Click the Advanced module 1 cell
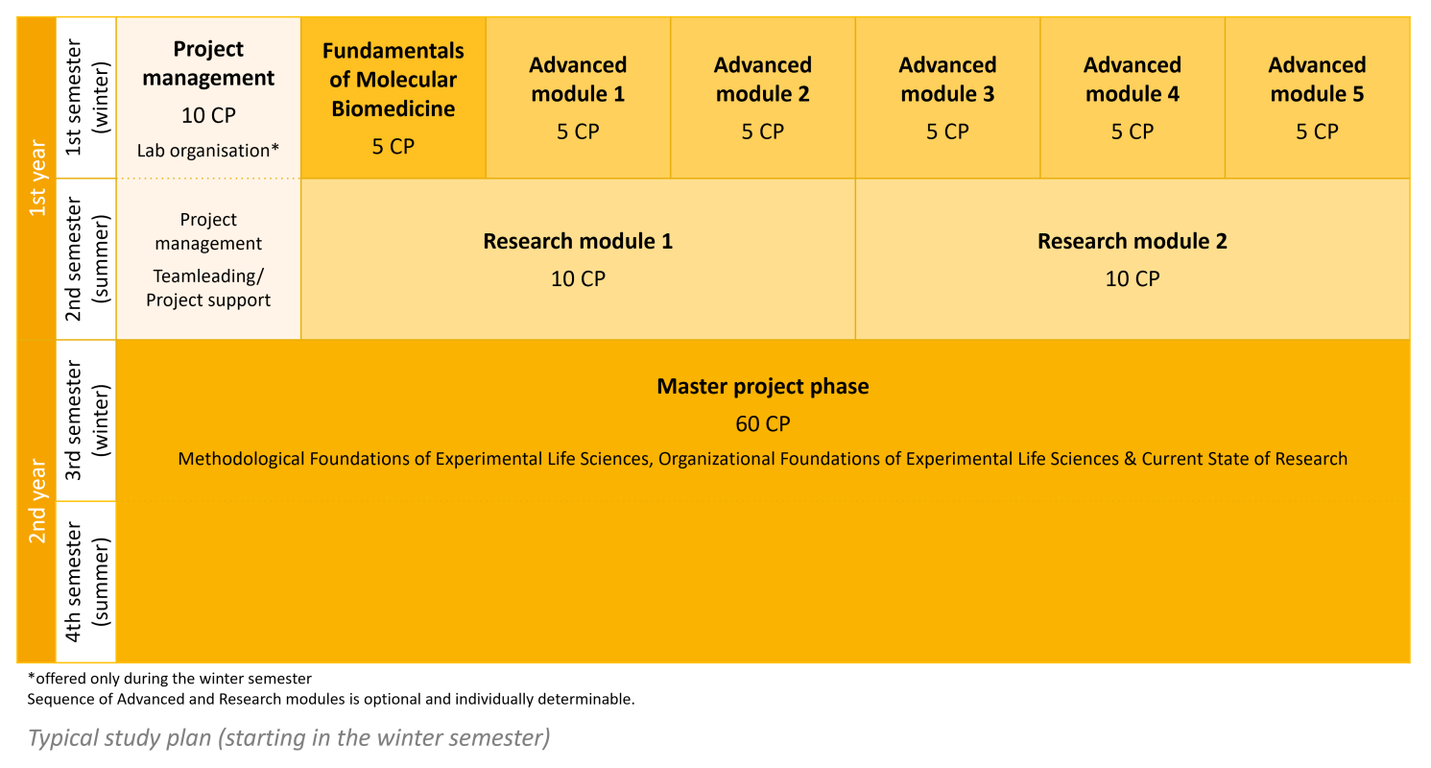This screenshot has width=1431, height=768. (578, 98)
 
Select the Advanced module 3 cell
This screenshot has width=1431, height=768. (948, 98)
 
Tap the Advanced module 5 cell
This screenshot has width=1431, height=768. (1318, 98)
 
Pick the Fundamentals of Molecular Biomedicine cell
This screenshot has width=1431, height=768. (394, 98)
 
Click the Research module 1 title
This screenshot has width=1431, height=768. (578, 242)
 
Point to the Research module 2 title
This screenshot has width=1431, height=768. (1132, 242)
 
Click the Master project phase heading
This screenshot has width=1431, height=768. (763, 387)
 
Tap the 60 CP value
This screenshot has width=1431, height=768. (763, 423)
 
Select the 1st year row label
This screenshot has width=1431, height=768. (37, 179)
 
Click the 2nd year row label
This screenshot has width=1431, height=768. (37, 501)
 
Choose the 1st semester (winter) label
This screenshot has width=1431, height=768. (87, 98)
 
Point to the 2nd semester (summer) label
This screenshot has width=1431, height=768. (87, 259)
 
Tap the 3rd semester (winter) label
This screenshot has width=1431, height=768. (87, 420)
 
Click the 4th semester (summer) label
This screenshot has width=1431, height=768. (87, 582)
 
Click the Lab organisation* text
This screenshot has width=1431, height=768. (208, 151)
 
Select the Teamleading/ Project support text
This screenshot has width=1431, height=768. (208, 288)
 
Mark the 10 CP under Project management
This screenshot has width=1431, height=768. (208, 115)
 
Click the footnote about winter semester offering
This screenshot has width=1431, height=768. (169, 679)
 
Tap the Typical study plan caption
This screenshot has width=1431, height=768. (289, 738)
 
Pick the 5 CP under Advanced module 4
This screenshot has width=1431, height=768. (1133, 132)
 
